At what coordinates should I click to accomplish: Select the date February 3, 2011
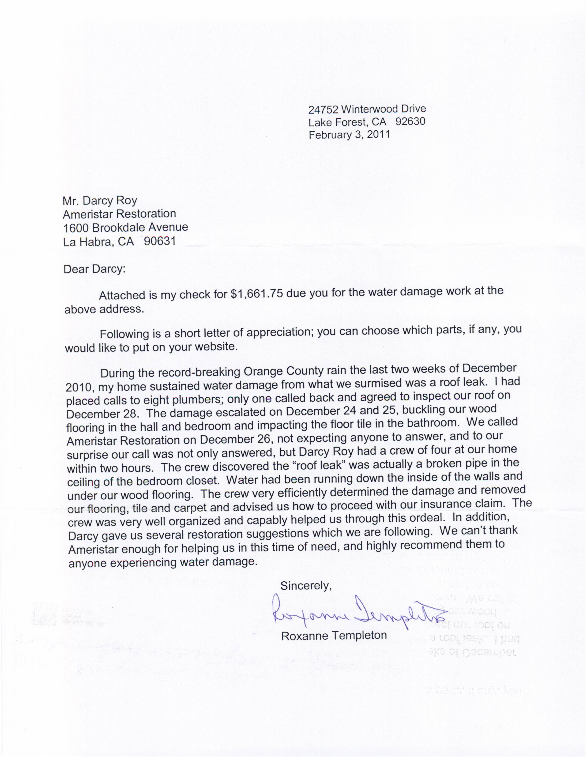coord(349,135)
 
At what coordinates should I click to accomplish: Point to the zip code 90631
coord(160,241)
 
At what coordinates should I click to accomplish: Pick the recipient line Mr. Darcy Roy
coord(100,201)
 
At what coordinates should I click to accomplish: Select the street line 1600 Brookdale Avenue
coord(125,228)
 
